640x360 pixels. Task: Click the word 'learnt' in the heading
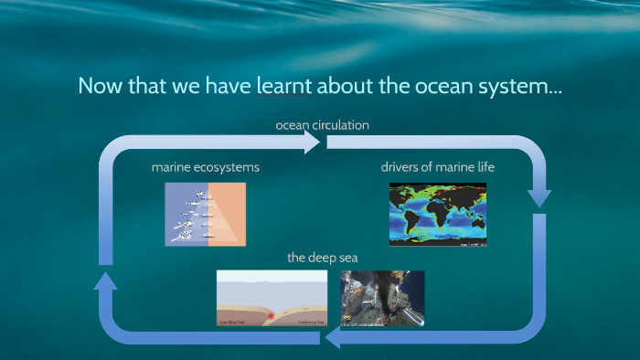coord(284,87)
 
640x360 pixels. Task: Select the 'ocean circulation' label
coord(322,124)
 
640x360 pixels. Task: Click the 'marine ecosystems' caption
coord(205,168)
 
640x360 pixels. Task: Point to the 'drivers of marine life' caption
coord(438,168)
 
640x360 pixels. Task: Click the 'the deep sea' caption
coord(322,258)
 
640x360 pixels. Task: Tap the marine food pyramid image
coord(205,214)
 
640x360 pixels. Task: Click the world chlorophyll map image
coord(438,214)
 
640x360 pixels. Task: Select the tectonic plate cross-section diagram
coord(272,299)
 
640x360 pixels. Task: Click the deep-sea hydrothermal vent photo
coord(382,299)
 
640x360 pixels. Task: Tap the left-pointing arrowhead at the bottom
coord(331,339)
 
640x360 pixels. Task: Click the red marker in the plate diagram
coord(270,316)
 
